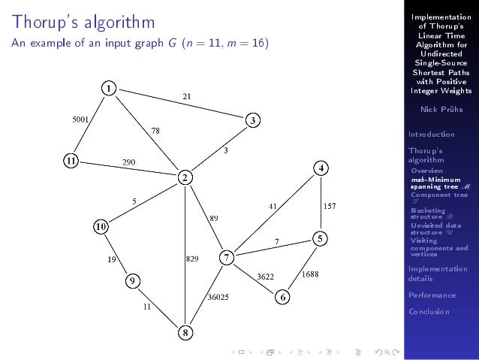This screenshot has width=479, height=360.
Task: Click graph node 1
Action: click(109, 89)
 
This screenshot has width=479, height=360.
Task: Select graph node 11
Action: click(70, 160)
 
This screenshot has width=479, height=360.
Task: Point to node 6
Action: click(283, 297)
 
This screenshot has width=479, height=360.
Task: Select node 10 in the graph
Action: click(100, 225)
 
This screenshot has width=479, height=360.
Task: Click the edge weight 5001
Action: click(81, 119)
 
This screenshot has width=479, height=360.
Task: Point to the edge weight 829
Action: click(192, 259)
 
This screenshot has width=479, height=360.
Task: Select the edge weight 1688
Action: click(310, 274)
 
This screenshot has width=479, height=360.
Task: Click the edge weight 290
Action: click(129, 162)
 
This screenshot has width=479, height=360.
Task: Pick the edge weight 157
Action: click(330, 204)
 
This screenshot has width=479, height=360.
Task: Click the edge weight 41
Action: click(275, 204)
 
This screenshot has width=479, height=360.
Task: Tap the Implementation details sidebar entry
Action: click(437, 274)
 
